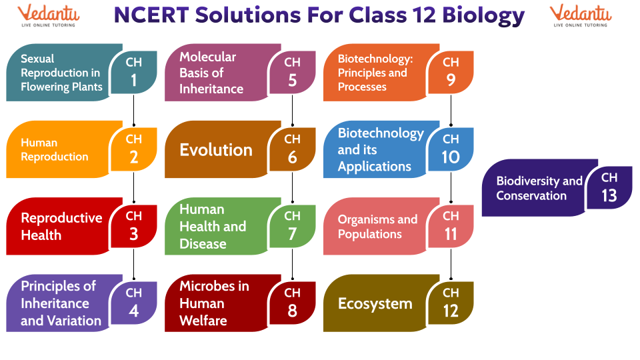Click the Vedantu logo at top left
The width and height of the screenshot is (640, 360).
tap(48, 16)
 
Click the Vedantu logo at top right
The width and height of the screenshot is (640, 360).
tap(581, 16)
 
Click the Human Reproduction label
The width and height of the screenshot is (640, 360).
tap(55, 149)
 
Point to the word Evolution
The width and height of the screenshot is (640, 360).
tap(216, 150)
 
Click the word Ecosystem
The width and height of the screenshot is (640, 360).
tap(375, 304)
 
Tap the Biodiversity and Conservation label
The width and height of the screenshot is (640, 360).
tap(539, 188)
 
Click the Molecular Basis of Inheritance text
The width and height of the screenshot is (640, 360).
tap(211, 73)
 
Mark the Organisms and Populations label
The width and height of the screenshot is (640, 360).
tap(377, 227)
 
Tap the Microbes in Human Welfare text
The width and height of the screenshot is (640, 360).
tap(214, 303)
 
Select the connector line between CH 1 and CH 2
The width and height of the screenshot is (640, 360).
tap(134, 111)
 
